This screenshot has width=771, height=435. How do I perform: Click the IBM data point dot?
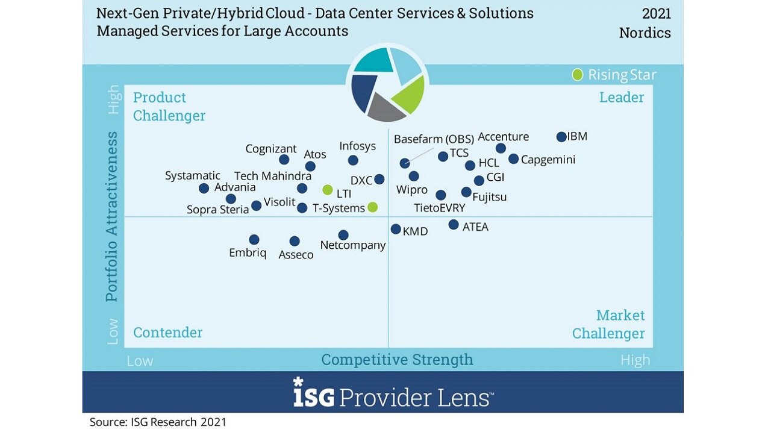[561, 137]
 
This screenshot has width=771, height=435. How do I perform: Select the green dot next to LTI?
[327, 190]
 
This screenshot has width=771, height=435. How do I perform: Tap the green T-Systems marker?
[372, 207]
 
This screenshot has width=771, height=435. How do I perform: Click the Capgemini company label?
[548, 160]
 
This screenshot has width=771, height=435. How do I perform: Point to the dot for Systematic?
[204, 189]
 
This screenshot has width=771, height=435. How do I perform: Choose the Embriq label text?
[248, 253]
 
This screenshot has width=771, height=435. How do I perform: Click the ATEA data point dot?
[453, 225]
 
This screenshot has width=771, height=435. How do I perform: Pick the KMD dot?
[396, 229]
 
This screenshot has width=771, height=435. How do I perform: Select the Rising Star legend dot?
[577, 75]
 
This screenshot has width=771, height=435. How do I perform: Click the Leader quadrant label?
[622, 98]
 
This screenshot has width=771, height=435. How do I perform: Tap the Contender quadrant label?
[167, 333]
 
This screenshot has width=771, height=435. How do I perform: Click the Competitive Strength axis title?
[397, 360]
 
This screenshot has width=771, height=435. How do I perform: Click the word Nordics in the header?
[645, 33]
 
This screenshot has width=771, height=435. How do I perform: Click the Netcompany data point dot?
[343, 235]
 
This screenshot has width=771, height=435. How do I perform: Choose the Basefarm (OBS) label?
[434, 139]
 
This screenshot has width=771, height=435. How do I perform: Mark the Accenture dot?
[501, 148]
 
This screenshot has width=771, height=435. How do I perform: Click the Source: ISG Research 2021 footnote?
[158, 422]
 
